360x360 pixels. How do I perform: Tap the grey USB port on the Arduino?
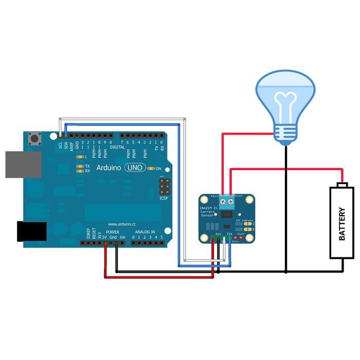23,164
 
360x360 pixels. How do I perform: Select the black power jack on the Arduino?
31,231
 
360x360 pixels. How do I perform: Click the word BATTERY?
342,224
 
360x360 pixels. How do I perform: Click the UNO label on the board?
135,168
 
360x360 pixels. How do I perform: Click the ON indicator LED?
151,168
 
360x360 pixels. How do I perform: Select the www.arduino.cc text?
121,224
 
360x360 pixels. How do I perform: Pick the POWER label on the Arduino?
112,232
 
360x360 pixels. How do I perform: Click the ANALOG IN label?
145,232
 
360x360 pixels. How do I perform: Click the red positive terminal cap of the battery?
342,185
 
